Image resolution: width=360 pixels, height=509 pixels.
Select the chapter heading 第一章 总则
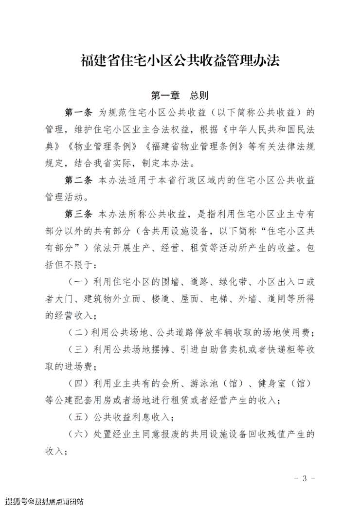pyautogui.click(x=180, y=95)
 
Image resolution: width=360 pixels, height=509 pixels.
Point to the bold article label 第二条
pyautogui.click(x=79, y=181)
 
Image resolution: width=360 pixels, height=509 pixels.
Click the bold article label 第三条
pyautogui.click(x=79, y=214)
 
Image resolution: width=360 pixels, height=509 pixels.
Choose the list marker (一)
pyautogui.click(x=77, y=282)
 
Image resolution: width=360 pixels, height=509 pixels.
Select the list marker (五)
pyautogui.click(x=77, y=417)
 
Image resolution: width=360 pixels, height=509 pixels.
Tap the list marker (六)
pyautogui.click(x=77, y=434)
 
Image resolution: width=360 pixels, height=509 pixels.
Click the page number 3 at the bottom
pyautogui.click(x=305, y=478)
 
